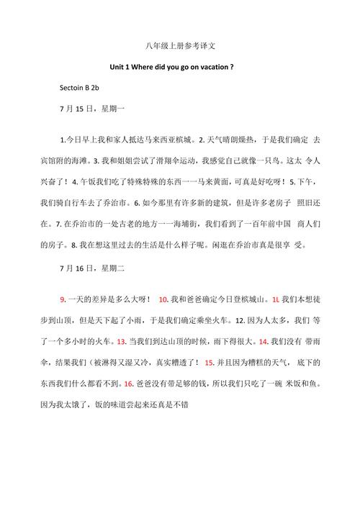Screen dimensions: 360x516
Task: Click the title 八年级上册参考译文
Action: [180, 46]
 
